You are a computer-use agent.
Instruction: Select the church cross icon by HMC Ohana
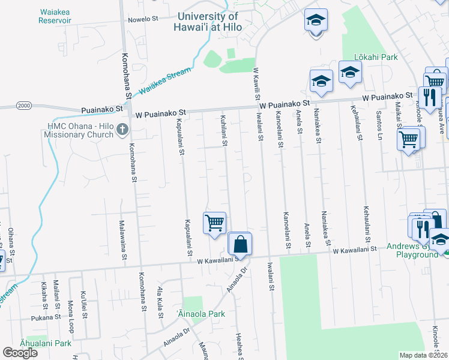tap(122, 129)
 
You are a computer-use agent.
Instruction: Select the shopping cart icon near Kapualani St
tap(214, 223)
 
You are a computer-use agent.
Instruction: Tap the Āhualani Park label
tap(44, 343)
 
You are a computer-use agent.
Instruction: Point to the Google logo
tap(20, 353)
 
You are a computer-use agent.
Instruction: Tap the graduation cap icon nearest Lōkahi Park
tap(349, 73)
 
